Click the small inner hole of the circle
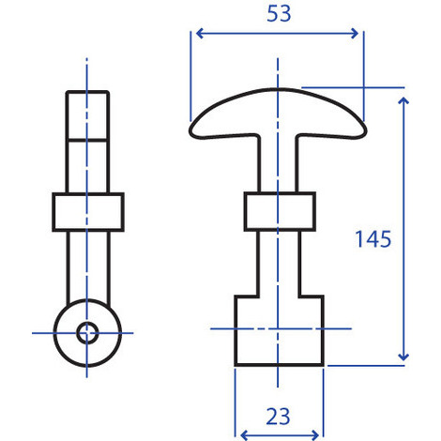click(87, 331)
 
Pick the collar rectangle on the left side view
click(87, 212)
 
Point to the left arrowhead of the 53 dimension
click(196, 34)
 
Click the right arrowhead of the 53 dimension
click(357, 34)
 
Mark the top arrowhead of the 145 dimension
click(403, 97)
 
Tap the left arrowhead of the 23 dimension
click(244, 433)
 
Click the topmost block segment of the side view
click(87, 114)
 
